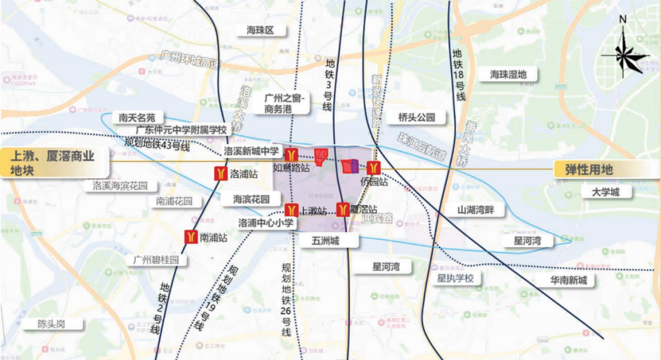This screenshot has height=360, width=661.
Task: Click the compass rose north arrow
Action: coord(623,52)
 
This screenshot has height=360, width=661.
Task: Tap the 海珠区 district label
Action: coord(260,30)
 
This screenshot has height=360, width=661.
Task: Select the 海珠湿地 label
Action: coord(508,74)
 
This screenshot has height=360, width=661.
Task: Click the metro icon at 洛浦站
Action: coord(220,174)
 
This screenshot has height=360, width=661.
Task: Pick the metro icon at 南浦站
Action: coord(191,237)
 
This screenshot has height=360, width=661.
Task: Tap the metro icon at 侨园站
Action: coord(374,167)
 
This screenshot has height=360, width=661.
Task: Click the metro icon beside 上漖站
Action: coord(291,211)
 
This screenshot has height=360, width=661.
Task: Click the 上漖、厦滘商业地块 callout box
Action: coord(55,163)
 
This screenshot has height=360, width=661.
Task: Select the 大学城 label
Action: coord(605,192)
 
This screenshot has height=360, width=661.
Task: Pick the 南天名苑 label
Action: coord(142,118)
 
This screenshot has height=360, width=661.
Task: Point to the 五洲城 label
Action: coord(320,241)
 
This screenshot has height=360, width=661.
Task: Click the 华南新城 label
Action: coord(568,280)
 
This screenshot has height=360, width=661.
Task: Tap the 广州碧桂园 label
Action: coord(156,260)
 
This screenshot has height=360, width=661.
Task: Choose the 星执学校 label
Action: coord(455,278)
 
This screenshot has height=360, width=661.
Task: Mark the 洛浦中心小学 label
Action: coord(266,223)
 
